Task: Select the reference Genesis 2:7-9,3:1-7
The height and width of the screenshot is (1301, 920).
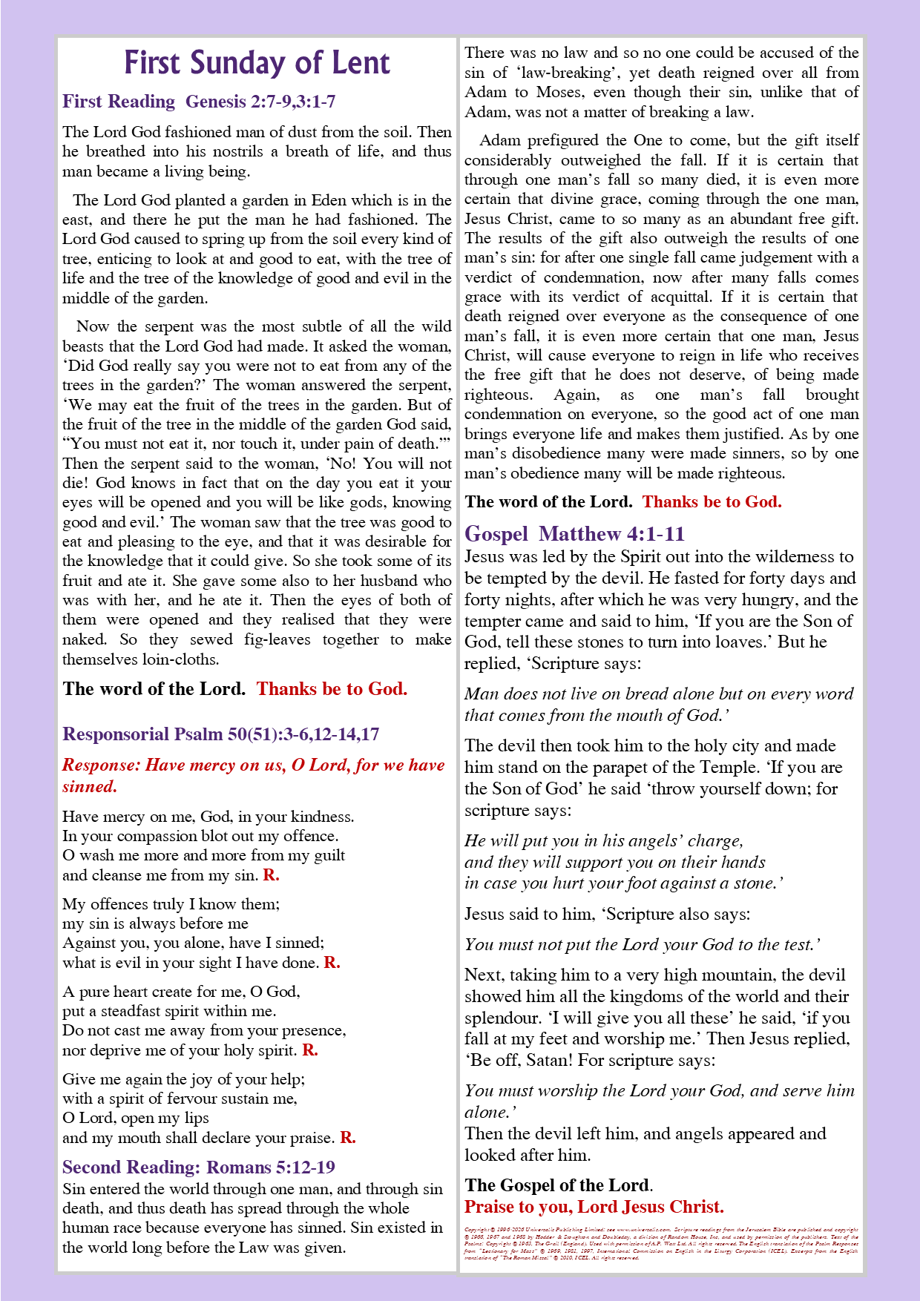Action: point(260,102)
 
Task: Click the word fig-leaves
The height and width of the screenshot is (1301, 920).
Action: point(277,639)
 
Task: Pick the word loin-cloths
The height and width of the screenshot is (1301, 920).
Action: point(177,659)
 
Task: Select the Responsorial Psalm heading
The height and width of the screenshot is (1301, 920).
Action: point(220,734)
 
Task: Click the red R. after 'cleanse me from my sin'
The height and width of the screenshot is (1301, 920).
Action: point(271,875)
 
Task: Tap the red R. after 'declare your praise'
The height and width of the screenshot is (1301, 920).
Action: point(347,1138)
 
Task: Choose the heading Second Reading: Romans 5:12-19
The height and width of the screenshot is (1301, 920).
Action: point(198,1167)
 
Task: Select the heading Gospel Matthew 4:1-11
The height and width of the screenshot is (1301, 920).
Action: point(574,534)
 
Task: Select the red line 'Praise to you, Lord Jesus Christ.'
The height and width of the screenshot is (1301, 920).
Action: point(594,1207)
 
